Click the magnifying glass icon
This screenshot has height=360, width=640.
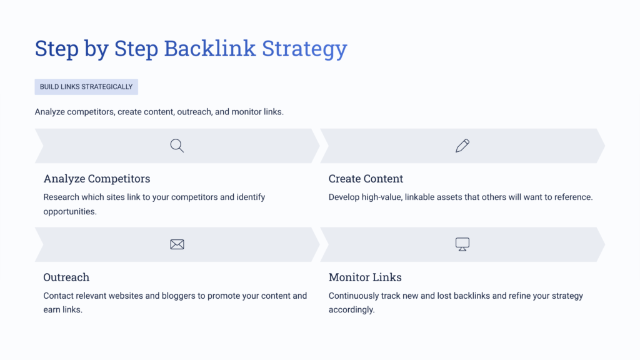click(177, 146)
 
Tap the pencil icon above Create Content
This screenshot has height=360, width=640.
click(462, 146)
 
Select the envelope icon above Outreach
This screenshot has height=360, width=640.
click(177, 244)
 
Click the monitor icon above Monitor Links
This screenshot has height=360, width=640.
click(462, 244)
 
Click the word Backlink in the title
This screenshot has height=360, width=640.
click(210, 48)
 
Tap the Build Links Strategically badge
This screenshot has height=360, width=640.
click(86, 87)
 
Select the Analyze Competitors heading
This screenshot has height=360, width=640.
click(97, 179)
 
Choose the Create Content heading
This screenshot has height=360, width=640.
click(366, 179)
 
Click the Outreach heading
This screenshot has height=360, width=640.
click(66, 277)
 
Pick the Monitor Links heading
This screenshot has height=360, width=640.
click(365, 277)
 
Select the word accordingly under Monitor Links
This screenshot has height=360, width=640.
click(351, 310)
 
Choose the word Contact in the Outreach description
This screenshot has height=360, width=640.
click(59, 296)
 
